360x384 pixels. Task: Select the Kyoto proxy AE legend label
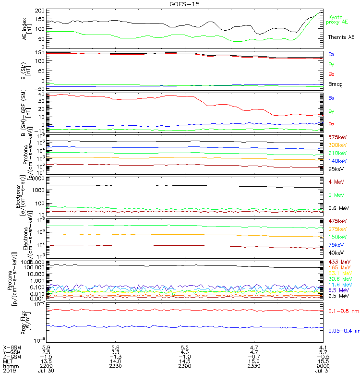(x=338, y=19)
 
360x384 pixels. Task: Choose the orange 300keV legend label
(x=337, y=145)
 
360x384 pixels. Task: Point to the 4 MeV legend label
(x=336, y=181)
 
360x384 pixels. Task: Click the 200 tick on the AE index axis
(x=40, y=11)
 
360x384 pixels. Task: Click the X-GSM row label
(x=12, y=347)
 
